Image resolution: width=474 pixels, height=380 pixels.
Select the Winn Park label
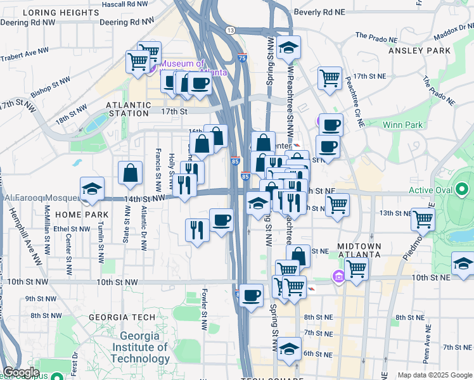coord(402,125)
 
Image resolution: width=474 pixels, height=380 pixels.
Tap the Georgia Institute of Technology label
coord(139,347)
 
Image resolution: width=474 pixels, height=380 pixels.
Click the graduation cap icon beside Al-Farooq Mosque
coord(92,189)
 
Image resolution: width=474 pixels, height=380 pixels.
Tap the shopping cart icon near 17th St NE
coord(330,79)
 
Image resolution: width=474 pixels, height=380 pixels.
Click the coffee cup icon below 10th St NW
coord(251,295)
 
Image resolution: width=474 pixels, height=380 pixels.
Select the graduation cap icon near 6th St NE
coord(289,349)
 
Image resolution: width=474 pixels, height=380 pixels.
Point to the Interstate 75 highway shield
coord(243,58)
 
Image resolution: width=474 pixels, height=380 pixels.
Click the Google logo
coord(20,372)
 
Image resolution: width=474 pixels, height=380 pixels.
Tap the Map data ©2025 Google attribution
coord(435,375)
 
